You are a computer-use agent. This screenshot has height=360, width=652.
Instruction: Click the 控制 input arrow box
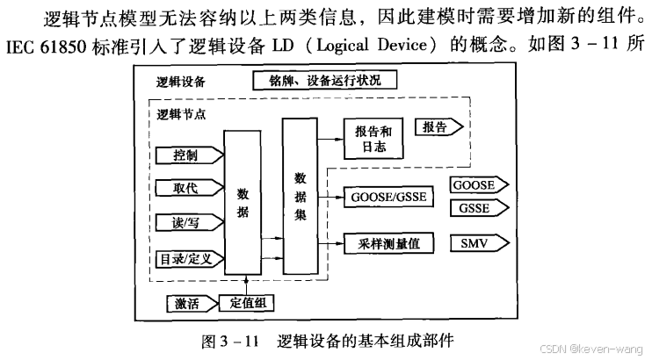[185, 155]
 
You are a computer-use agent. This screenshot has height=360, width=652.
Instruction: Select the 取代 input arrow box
[185, 187]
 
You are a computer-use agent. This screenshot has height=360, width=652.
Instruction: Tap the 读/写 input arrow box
[185, 221]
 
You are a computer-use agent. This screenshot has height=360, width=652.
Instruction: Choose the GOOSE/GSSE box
[386, 196]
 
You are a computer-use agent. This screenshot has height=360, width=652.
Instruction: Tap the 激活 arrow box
[190, 305]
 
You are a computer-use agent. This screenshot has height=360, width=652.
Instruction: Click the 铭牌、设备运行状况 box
[324, 81]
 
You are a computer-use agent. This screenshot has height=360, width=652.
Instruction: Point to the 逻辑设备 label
[180, 82]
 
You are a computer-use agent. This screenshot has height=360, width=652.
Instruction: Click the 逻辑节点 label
[181, 116]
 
